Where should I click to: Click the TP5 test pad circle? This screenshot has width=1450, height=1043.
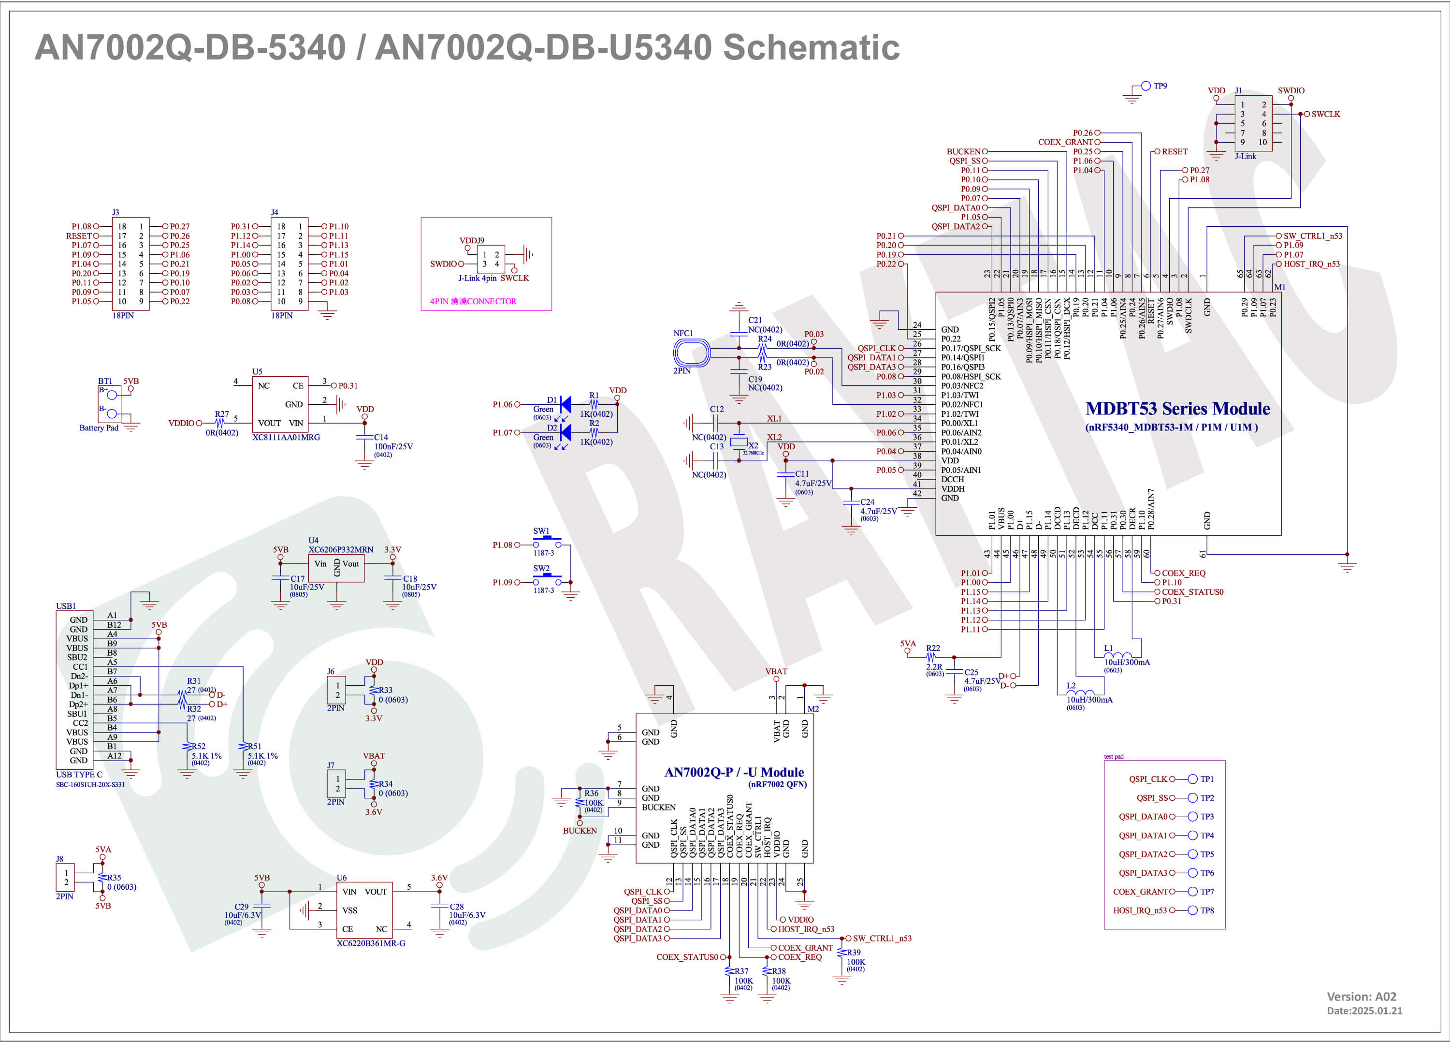pyautogui.click(x=1192, y=854)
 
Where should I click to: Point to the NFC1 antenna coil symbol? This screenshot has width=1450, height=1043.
pyautogui.click(x=692, y=353)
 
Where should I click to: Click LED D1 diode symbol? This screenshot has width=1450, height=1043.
pyautogui.click(x=565, y=405)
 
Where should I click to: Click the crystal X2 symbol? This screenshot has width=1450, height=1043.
pyautogui.click(x=739, y=442)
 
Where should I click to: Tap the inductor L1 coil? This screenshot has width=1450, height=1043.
pyautogui.click(x=1117, y=656)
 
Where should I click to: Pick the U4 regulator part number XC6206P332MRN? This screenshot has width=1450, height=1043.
pyautogui.click(x=341, y=549)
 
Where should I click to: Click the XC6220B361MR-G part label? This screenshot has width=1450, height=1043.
pyautogui.click(x=371, y=943)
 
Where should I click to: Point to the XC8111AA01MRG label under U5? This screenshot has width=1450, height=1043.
pyautogui.click(x=286, y=438)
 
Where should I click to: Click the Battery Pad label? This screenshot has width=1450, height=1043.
pyautogui.click(x=99, y=428)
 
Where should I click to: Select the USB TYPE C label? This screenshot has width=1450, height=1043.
pyautogui.click(x=79, y=775)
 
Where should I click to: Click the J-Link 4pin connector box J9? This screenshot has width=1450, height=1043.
pyautogui.click(x=491, y=259)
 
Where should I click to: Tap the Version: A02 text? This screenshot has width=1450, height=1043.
pyautogui.click(x=1361, y=996)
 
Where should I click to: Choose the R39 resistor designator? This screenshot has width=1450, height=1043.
pyautogui.click(x=854, y=952)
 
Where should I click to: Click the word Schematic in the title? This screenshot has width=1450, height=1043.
pyautogui.click(x=811, y=47)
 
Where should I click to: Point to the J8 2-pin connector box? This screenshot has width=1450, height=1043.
pyautogui.click(x=66, y=877)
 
